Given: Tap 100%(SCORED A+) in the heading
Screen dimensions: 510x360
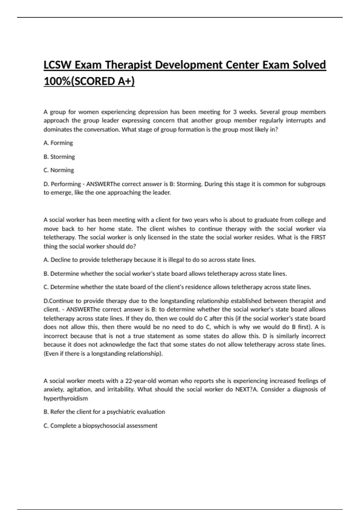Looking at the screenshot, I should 89,81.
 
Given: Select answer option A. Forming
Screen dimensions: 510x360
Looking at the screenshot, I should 58,143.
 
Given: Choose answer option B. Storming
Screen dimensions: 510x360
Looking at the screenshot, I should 59,157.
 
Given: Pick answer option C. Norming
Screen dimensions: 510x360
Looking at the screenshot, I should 59,170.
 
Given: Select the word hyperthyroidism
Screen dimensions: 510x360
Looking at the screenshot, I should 66,399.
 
